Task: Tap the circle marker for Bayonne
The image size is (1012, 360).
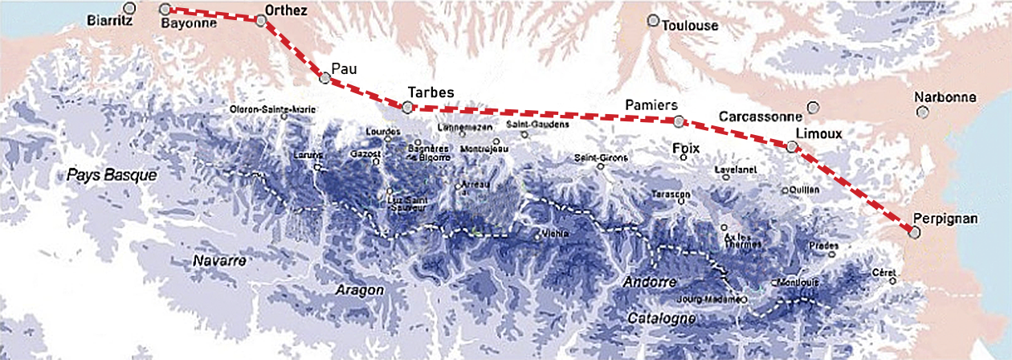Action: point(165,10)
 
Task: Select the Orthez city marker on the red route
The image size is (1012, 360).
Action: point(261,21)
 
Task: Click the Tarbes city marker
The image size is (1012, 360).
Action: point(408,107)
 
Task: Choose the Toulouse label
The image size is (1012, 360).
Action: point(690,26)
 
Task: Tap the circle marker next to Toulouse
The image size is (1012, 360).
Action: point(654,20)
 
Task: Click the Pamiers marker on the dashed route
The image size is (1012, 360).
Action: point(679,122)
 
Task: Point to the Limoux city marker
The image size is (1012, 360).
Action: point(793,147)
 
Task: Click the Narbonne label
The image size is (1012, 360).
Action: point(945,98)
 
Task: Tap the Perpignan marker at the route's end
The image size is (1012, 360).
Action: point(913,232)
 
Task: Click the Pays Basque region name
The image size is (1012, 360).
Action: point(112,174)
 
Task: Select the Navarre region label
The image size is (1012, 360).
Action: point(218,261)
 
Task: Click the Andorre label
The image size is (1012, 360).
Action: point(650,282)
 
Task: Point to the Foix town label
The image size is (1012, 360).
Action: point(687,148)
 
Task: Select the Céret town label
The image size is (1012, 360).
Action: point(883,272)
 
